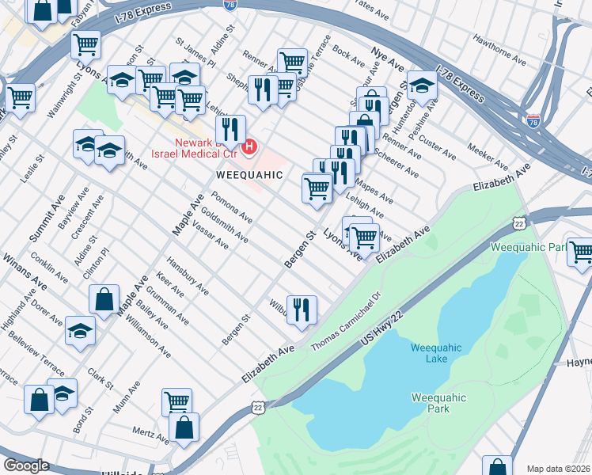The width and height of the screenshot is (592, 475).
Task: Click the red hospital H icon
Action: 250,146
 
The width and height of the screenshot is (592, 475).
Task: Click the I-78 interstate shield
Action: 534,121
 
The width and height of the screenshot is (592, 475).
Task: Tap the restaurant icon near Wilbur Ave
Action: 302,310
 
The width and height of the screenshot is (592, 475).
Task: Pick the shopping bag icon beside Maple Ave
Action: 104,300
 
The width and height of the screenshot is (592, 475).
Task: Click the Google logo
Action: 26,465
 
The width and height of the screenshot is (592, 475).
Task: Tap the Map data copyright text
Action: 558,468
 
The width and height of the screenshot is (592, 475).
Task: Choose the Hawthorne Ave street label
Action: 499,49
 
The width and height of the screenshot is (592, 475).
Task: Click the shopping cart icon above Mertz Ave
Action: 176,401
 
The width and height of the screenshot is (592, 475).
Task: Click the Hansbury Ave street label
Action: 188,275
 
